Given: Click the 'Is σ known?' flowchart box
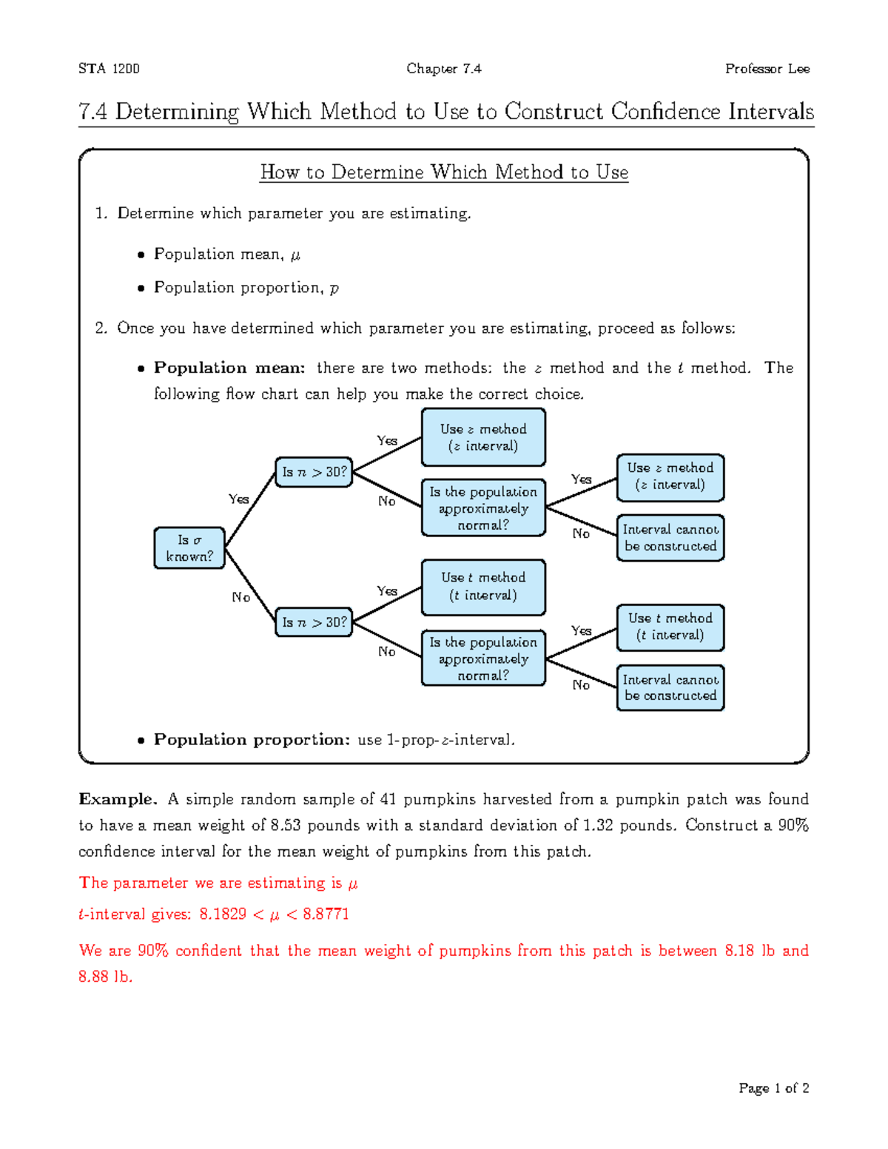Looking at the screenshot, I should click(x=189, y=548).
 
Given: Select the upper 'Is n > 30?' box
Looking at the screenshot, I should click(x=314, y=472).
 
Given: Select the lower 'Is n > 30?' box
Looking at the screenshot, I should click(x=314, y=622).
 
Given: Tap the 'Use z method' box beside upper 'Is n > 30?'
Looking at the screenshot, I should click(x=483, y=437).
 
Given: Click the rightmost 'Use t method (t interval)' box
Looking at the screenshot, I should click(x=670, y=627).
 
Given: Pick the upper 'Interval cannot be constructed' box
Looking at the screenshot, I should click(x=670, y=538).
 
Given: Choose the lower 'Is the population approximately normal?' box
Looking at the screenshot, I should click(x=483, y=658).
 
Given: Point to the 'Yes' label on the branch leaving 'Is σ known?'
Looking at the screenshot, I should click(x=238, y=499).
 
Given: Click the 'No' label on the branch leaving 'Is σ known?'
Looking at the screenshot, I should click(x=240, y=597).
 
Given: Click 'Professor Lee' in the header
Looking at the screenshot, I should click(x=767, y=69).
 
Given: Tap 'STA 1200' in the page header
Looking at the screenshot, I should click(x=109, y=69).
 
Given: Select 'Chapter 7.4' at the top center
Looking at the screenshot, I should click(x=443, y=69).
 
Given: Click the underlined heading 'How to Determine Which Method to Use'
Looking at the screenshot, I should click(x=444, y=172).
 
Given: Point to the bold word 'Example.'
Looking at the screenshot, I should click(x=118, y=799).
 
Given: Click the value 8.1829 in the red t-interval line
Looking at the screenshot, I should click(x=222, y=914).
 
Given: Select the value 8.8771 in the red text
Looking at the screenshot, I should click(x=326, y=914).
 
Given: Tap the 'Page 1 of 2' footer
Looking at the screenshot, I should click(x=773, y=1088).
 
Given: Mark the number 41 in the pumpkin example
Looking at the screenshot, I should click(x=388, y=799).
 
